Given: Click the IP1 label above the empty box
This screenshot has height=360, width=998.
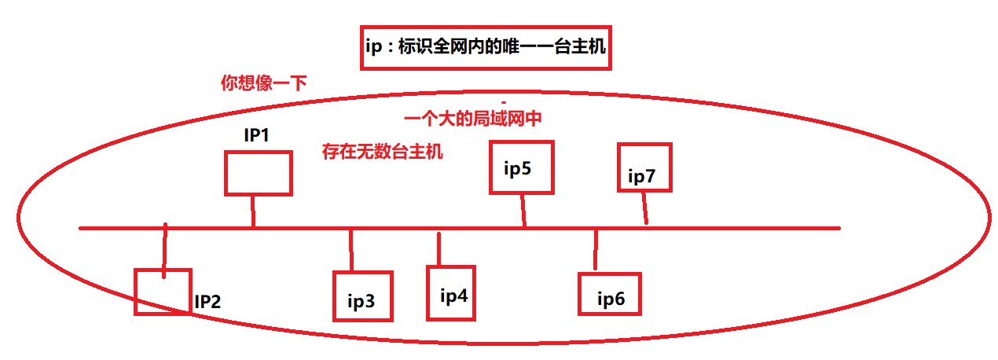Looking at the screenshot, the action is point(257,135).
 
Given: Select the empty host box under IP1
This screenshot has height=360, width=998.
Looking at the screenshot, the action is point(258,173).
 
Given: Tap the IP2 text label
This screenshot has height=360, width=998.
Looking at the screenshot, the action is point(208,301).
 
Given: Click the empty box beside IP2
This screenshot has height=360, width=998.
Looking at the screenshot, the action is point(163,292).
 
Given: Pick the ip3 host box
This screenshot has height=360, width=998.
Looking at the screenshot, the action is point(363,296).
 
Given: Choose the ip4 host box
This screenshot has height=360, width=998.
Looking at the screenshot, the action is point(451,292).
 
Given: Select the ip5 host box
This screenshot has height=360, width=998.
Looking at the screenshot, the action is point(522,167).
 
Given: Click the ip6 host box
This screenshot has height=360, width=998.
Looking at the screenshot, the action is point(610,294).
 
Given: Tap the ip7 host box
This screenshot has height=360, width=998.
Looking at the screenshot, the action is point(644,167).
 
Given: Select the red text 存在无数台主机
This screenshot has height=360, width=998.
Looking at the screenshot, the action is point(383,152).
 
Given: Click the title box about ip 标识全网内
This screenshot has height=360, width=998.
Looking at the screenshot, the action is point(486,48).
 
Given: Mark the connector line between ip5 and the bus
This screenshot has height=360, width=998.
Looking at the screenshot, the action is point(523,210).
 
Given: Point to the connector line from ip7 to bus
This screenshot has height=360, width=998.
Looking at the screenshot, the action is point(645,208).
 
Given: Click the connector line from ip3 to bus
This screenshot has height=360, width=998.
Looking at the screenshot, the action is point(351,250).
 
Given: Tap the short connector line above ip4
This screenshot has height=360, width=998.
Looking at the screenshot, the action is point(438,248).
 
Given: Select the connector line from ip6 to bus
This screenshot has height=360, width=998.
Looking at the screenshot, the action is point(596,250).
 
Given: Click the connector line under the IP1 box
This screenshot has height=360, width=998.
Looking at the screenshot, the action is point(253,211).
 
